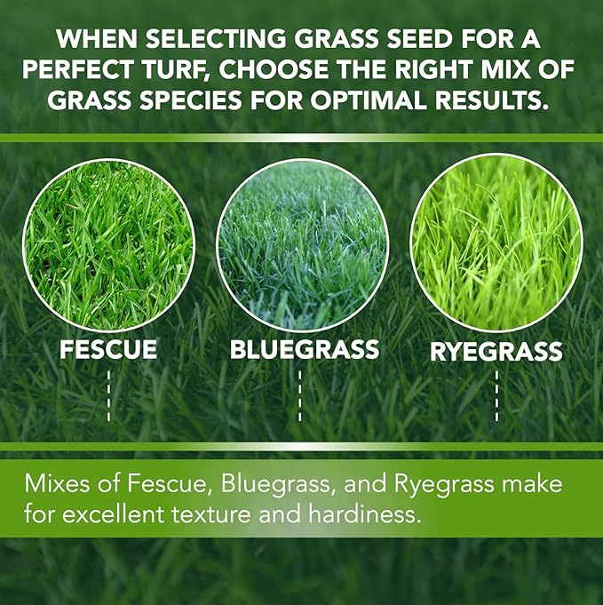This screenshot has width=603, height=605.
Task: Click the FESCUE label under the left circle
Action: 108,349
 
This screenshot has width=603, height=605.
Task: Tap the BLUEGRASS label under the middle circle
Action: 304,349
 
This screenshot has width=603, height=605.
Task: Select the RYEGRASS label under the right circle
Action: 496,351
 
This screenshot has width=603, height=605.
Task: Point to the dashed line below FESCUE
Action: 108,395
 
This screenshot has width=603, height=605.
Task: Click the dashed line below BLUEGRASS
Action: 300,395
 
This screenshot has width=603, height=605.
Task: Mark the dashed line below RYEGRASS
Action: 496,395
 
